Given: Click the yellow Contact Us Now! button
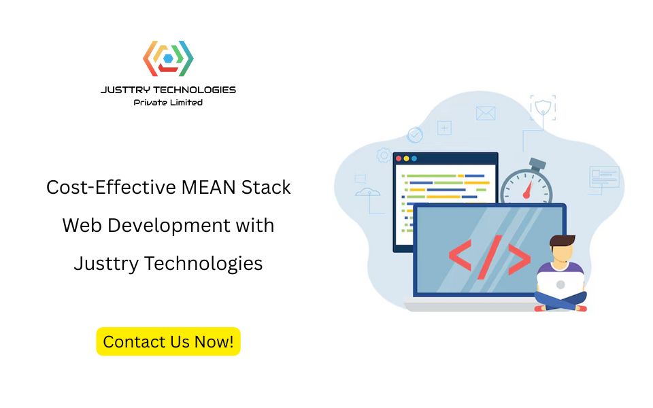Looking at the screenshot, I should coord(168,341).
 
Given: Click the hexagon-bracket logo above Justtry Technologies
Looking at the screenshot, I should coord(168,59).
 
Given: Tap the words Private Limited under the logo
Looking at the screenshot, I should coord(168,103).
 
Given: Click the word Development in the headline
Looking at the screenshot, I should coord(167,225).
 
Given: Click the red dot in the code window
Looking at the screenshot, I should coord(399,158).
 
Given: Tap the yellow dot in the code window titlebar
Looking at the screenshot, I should coord(407,158).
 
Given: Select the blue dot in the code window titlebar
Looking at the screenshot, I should coord(414,158).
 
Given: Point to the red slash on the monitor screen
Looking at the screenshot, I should coord(488,256).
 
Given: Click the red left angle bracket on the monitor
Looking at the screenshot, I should coord(461,257).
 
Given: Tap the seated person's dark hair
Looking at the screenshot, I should coord(563,243).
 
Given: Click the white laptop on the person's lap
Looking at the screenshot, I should coord(560,285).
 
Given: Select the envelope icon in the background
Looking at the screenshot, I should coord(486,113).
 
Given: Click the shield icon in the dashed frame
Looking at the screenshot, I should coord(543,107).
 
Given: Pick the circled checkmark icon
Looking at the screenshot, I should coord(415,135).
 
